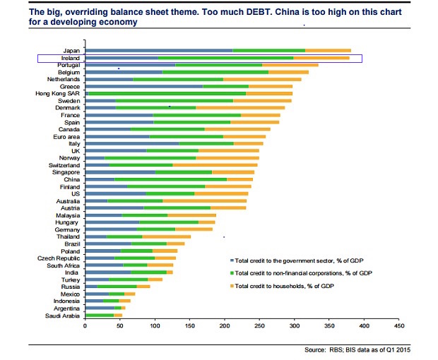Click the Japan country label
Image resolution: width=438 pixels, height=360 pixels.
71,51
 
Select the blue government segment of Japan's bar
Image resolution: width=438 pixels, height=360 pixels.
158,51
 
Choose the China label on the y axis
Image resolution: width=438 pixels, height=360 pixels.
72,179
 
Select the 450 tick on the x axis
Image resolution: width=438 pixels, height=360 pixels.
399,326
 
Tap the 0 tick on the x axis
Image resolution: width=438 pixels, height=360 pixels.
85,326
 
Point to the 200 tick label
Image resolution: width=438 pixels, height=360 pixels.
225,326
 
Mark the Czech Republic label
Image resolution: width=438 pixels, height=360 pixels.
60,258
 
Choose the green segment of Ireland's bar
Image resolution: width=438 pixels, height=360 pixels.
225,58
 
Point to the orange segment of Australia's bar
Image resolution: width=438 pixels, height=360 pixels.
204,200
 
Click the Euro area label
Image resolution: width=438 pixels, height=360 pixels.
66,136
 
